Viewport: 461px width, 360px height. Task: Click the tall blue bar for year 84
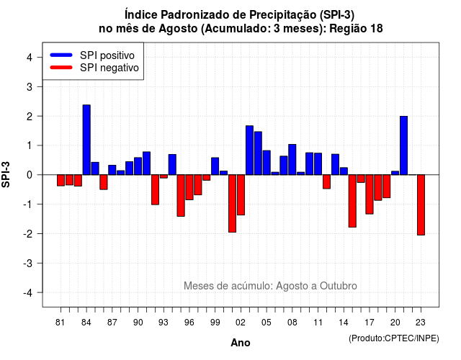86,140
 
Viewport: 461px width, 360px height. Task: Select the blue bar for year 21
403,145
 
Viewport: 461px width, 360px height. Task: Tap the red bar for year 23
421,204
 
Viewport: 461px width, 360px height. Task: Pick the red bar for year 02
241,195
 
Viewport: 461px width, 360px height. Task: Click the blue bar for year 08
292,160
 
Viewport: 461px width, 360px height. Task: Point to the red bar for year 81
61,180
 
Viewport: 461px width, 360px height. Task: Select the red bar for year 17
370,194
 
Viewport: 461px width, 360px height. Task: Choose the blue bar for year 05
267,163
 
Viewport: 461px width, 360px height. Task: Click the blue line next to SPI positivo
61,55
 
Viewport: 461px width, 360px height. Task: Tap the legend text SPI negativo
109,68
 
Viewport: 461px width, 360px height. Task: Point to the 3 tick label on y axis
30,86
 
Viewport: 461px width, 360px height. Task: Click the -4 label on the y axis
28,293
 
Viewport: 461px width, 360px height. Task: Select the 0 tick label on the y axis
30,175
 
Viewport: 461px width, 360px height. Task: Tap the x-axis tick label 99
215,323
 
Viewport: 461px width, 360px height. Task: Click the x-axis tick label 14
344,323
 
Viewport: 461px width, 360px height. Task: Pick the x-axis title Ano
241,343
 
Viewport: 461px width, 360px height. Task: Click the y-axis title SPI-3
6,175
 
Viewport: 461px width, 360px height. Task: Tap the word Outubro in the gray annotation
339,286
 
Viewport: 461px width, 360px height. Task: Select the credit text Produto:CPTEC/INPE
394,338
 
